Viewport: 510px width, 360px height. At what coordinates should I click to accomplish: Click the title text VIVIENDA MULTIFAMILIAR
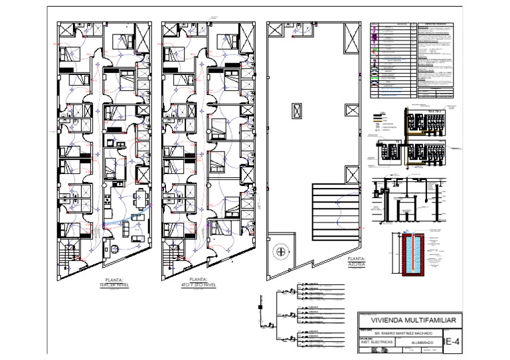(408, 321)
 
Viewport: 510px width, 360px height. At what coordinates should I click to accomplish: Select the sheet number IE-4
(451, 342)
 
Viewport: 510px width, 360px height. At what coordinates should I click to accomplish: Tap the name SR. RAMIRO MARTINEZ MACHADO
(403, 333)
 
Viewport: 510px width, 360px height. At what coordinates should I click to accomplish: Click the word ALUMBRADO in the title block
(422, 343)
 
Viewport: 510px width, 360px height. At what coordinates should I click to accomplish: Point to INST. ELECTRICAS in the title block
(375, 342)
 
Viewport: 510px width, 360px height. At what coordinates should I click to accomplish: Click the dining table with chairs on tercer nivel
(139, 197)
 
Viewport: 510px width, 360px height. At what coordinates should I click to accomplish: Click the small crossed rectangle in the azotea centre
(296, 111)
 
